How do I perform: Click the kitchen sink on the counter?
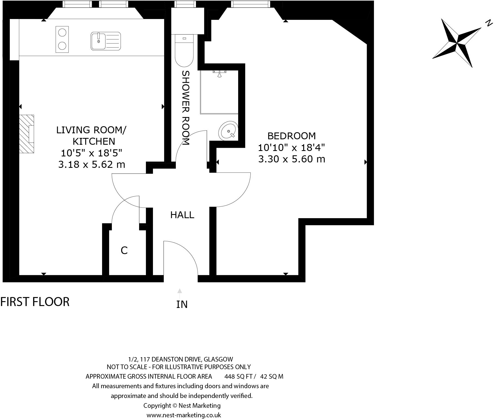106,41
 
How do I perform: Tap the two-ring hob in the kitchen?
62,39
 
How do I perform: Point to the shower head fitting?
219,73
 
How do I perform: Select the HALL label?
182,215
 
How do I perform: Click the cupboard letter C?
124,250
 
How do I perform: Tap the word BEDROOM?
292,136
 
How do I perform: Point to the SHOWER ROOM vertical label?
185,108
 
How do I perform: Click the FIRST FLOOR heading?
35,302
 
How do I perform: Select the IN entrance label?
182,304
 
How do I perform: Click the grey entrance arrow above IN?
180,291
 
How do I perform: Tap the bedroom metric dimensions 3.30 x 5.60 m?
292,159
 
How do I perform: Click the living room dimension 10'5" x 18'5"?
91,153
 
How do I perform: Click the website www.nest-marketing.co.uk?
184,415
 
